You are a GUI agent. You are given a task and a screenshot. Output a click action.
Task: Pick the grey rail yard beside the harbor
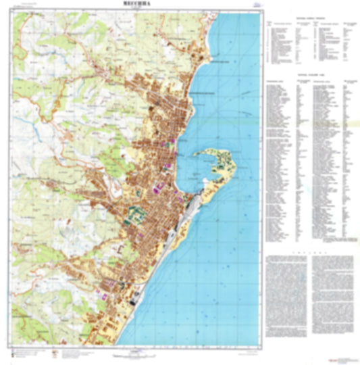192,203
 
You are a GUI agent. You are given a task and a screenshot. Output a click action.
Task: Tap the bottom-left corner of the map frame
12,346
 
